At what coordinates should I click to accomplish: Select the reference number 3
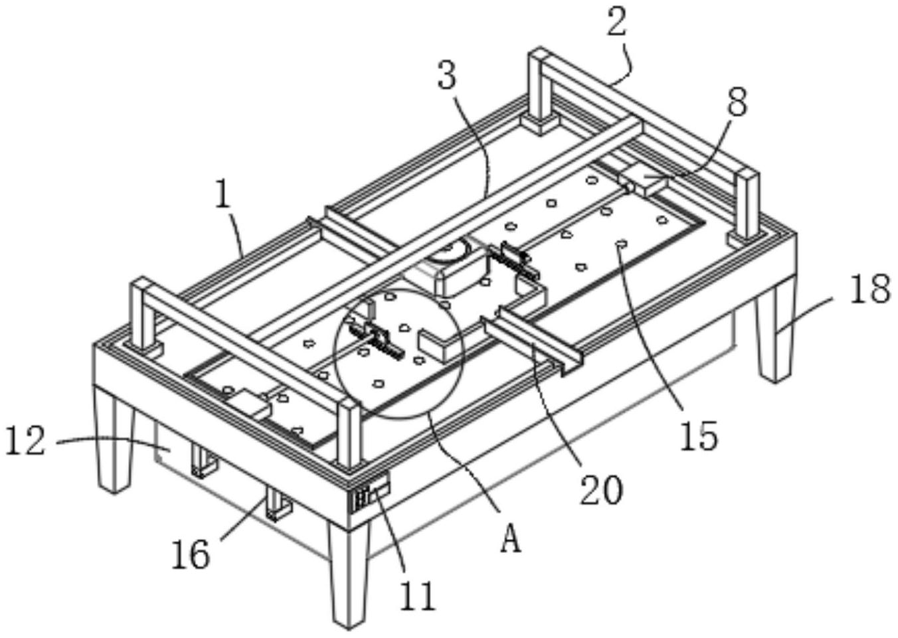tap(446, 74)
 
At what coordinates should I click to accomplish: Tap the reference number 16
tap(191, 555)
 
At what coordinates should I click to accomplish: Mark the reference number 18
tap(869, 289)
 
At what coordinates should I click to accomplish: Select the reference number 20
tap(601, 491)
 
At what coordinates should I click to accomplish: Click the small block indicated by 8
tap(643, 181)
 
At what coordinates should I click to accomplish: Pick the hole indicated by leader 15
tap(622, 243)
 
